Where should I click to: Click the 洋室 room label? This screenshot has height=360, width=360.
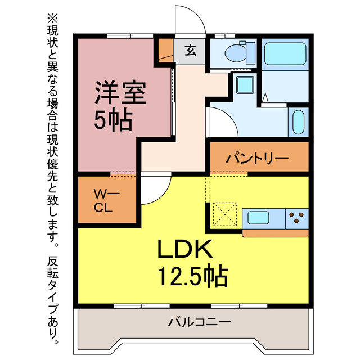point(120,93)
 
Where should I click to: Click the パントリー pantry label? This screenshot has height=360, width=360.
point(257,158)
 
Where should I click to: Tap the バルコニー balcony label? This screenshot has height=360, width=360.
point(199,323)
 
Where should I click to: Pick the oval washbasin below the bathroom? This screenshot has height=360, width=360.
point(298,121)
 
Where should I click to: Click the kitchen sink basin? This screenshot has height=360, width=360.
point(259,218)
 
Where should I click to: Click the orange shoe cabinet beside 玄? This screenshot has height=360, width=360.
point(165,51)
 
